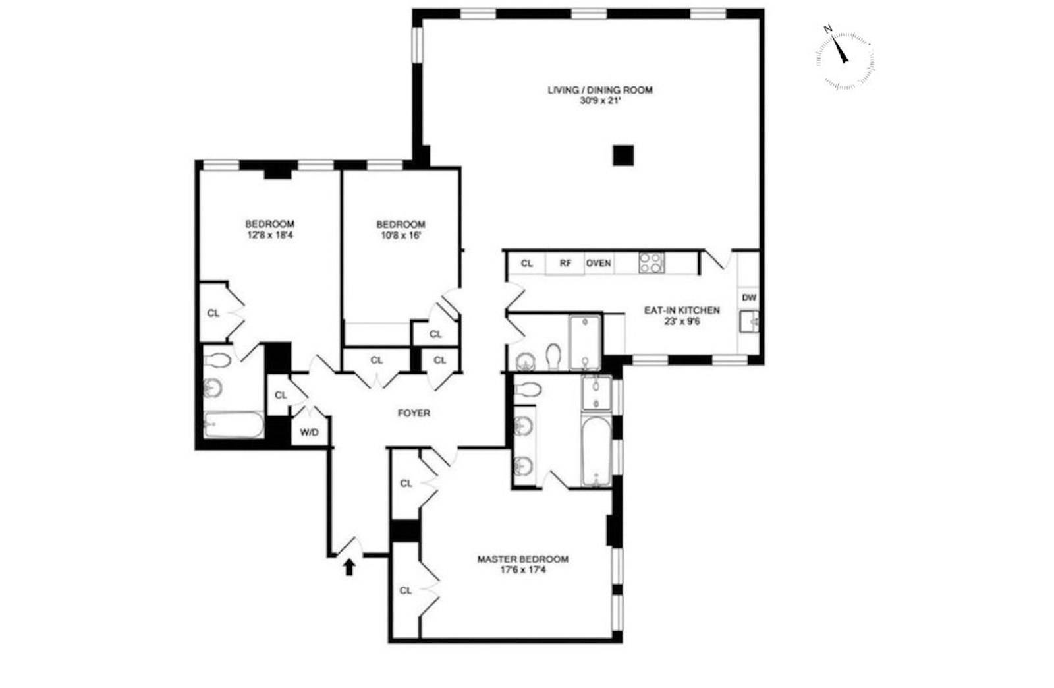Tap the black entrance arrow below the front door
pos(349,566)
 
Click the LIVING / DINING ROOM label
pos(600,90)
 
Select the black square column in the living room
pos(623,156)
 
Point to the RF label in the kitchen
pos(565,263)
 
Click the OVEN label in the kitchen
pos(599,263)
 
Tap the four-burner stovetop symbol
pos(652,263)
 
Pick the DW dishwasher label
pos(749,297)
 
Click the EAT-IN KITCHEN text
pos(681,310)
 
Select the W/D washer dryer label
pos(310,433)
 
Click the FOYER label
pos(414,413)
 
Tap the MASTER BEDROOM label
pos(522,559)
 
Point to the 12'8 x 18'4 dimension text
pos(269,235)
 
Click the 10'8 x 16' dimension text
pos(401,235)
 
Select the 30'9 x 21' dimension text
pos(600,101)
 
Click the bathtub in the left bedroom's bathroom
pos(234,425)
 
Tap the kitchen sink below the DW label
pos(749,322)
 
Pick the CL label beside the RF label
pos(527,263)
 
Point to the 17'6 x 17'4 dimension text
pos(522,570)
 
